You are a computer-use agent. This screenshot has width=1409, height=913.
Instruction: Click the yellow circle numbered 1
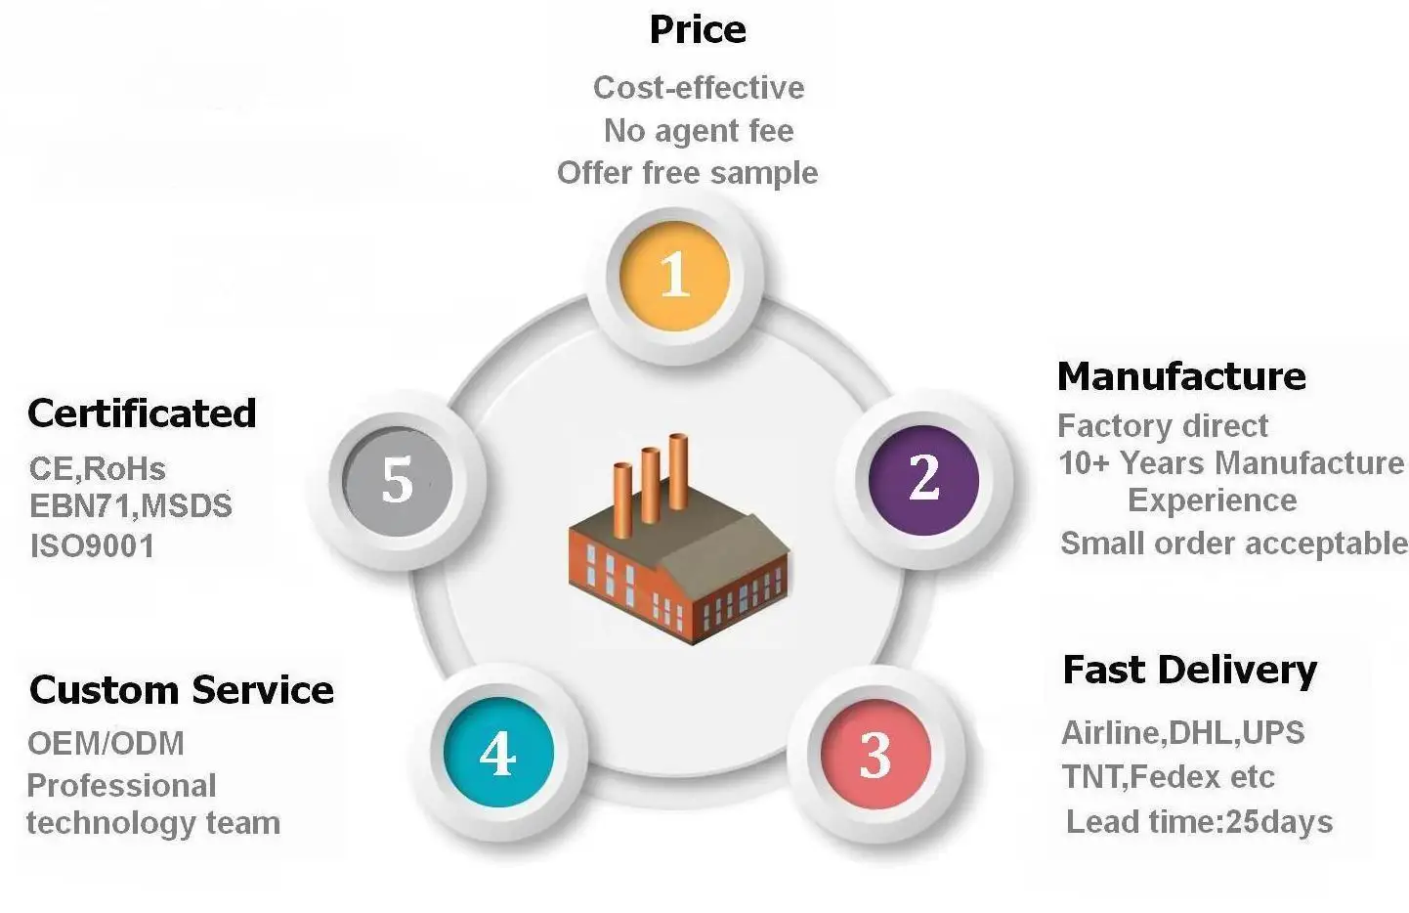pos(675,276)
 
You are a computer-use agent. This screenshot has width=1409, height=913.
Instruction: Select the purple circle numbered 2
pos(923,479)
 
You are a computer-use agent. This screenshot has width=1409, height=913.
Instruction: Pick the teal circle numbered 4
pos(498,753)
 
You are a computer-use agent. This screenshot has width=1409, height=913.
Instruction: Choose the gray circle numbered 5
pos(398,480)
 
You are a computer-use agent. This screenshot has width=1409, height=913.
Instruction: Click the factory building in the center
pos(679,567)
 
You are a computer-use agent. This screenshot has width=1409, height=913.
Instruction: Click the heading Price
pos(698,29)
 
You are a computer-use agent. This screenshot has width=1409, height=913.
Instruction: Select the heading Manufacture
pos(1181,376)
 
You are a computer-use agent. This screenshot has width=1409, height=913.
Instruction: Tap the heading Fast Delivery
pos(1189,671)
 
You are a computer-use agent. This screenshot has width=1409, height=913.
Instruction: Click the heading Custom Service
pos(182,690)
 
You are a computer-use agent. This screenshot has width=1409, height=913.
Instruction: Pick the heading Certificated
pos(142,413)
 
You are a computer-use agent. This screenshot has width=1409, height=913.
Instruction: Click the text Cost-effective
pos(699,88)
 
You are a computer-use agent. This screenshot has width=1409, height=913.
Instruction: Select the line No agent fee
pos(699,130)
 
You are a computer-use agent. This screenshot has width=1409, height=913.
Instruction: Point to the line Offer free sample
pos(688,173)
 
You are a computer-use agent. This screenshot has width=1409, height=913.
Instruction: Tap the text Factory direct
pos(1163,426)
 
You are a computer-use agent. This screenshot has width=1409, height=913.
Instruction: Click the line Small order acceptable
pos(1233,543)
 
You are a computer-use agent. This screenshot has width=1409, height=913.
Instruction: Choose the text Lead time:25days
pos(1199,822)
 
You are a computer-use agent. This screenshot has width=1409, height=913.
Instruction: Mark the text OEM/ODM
pos(106,744)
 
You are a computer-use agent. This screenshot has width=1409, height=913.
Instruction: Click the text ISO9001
pos(93,545)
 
